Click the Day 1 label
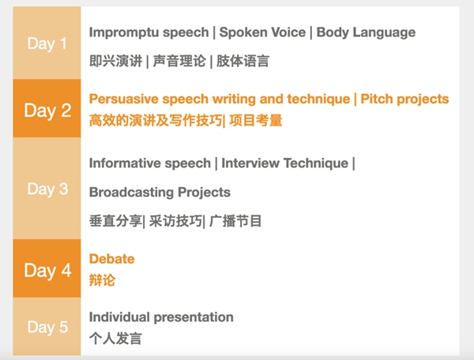point(47,43)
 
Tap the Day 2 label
point(47,111)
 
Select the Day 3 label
point(47,189)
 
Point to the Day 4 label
point(47,270)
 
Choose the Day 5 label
point(47,327)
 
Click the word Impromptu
point(123,32)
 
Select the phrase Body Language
point(366,32)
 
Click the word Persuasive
point(123,99)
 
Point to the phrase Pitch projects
point(404,99)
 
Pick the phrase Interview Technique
point(284,163)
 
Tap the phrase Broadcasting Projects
point(160,193)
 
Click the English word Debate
point(112,259)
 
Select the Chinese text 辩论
point(102,280)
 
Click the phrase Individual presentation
point(161,317)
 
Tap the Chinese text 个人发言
point(115,338)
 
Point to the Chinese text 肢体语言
point(243,61)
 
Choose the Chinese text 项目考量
point(256,120)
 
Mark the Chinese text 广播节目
point(235,221)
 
